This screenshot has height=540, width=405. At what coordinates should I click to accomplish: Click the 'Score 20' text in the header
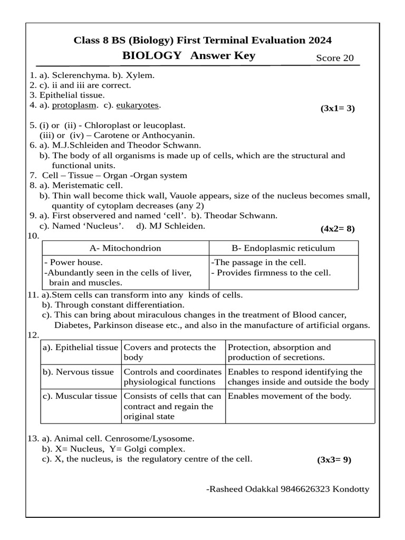[x=335, y=58]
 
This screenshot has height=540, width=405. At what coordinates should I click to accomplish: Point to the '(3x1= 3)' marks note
[x=337, y=109]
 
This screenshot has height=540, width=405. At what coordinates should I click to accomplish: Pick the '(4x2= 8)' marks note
[x=337, y=228]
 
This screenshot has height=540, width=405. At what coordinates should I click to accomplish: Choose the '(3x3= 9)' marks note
[x=334, y=459]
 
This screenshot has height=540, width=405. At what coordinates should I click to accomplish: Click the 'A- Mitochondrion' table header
[x=126, y=248]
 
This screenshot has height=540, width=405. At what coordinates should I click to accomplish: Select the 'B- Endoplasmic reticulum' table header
[x=284, y=248]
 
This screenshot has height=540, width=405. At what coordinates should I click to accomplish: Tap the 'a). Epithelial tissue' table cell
[x=81, y=348]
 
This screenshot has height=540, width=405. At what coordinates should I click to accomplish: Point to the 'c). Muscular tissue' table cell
[x=80, y=396]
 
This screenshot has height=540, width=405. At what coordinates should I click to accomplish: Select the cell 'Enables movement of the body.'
[x=290, y=396]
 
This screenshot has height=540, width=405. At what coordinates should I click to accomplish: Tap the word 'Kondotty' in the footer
[x=352, y=489]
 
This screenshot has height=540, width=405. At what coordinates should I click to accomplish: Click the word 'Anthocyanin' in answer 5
[x=156, y=134]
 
